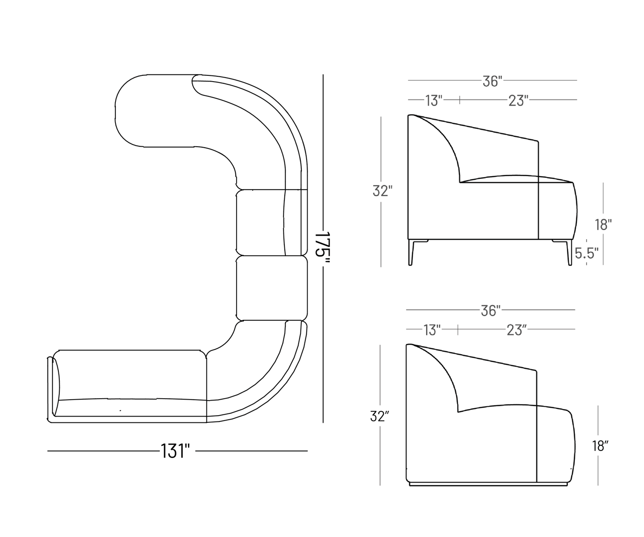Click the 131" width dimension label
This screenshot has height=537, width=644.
pos(175,451)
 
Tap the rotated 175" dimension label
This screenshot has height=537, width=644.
pos(323,248)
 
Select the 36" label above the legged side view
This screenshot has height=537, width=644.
pos(492,81)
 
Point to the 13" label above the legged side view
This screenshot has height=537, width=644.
pos(434,101)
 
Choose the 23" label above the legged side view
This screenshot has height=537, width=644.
pos(518,101)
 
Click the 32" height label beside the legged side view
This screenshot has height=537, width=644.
pos(382,191)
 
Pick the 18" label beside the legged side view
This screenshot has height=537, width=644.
pos(603,225)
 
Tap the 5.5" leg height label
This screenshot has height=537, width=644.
pos(587,253)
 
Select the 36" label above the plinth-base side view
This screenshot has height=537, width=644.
pos(491,310)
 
